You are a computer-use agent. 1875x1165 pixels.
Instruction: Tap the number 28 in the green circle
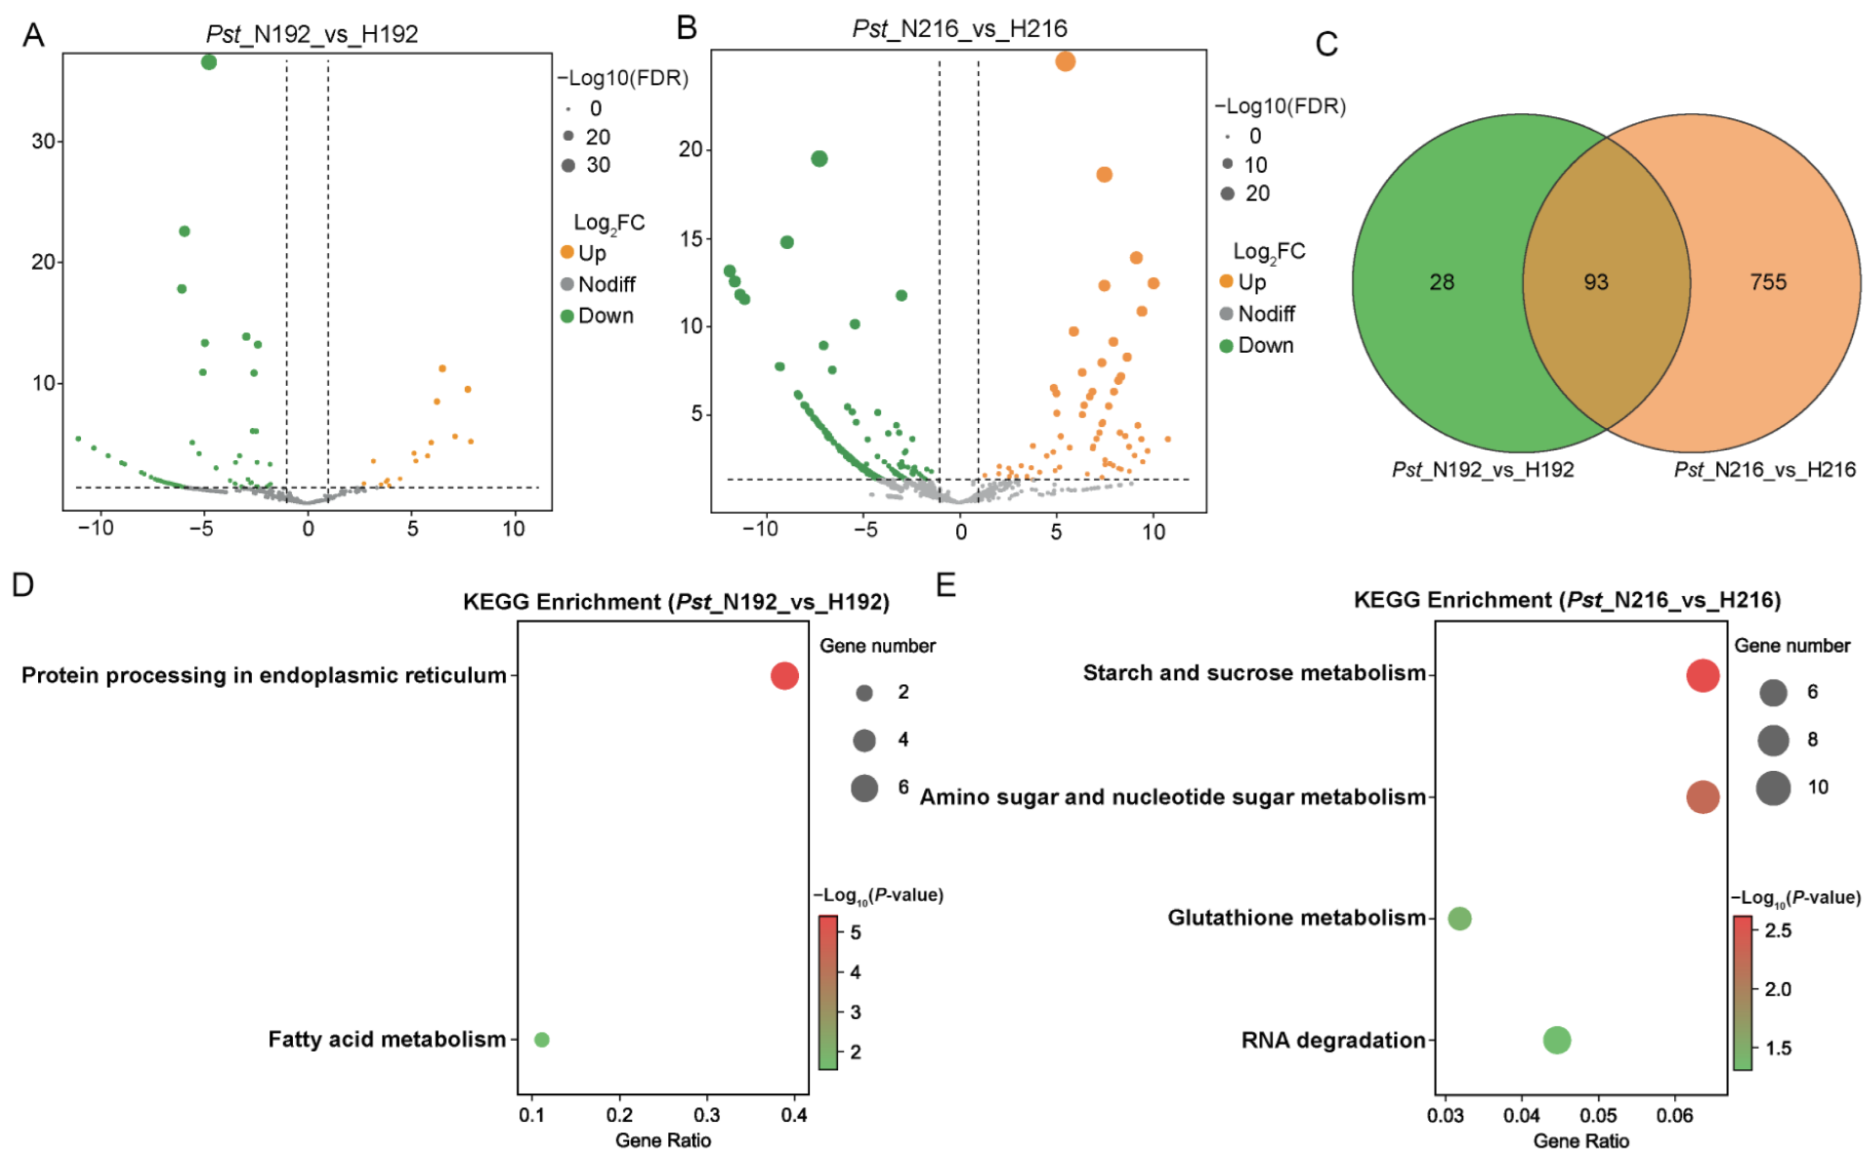point(1441,282)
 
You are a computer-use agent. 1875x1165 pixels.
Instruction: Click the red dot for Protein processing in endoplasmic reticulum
point(784,676)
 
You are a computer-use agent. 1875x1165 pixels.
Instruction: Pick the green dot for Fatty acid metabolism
point(542,1039)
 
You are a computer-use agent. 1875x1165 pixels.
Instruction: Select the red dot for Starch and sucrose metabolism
point(1703,676)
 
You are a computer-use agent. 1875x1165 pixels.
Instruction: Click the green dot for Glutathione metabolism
point(1459,918)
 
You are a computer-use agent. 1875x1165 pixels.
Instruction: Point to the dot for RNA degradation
point(1556,1040)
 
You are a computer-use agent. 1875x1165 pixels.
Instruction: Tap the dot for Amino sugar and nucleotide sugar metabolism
point(1703,797)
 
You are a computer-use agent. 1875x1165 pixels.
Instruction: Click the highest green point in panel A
point(209,62)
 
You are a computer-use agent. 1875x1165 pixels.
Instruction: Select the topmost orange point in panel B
point(1065,61)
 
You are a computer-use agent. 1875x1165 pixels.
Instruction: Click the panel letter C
point(1325,44)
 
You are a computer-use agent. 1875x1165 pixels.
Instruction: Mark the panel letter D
point(22,585)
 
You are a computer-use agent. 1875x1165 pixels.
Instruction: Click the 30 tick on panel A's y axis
point(43,141)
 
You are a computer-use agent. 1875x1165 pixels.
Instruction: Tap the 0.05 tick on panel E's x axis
point(1598,1115)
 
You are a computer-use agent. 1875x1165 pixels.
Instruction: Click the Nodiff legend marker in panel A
point(567,284)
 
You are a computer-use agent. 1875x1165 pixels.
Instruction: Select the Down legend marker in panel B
point(1226,345)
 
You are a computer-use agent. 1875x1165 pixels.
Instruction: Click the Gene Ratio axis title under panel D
point(662,1140)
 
